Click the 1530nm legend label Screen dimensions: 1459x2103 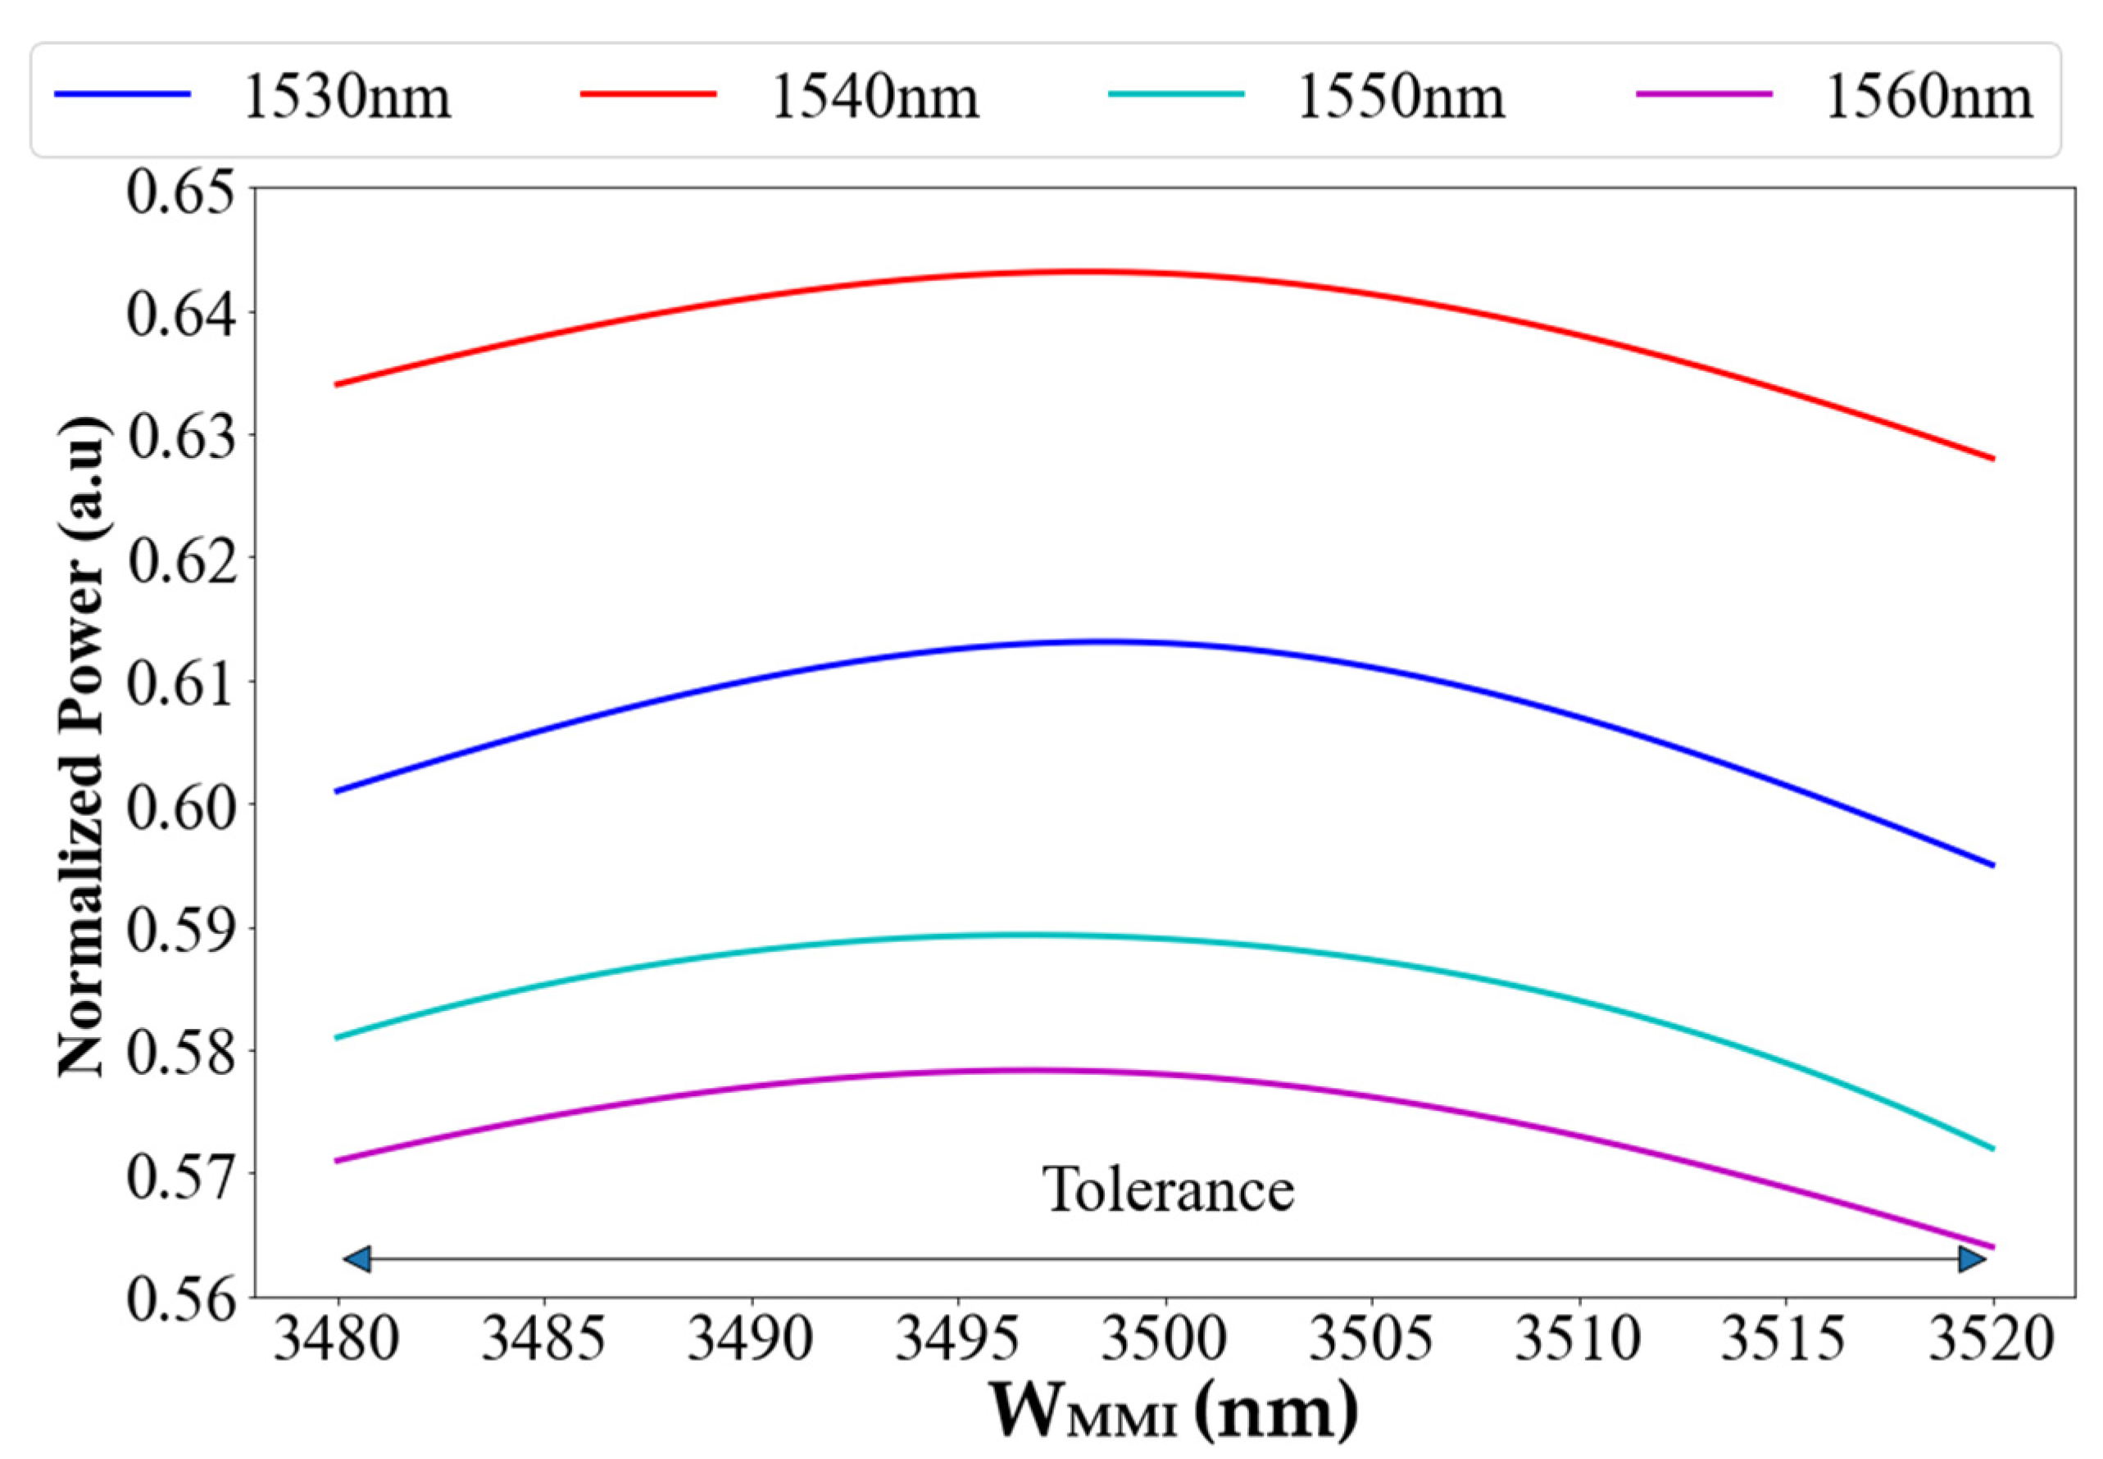[x=347, y=97]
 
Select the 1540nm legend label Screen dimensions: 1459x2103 [x=875, y=97]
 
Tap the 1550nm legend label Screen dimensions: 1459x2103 [x=1401, y=97]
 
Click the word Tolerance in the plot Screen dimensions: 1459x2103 [x=1169, y=1190]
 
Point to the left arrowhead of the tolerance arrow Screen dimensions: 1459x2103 [x=357, y=1260]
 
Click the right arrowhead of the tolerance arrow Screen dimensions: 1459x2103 [x=1971, y=1260]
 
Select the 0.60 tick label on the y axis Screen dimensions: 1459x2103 [x=179, y=806]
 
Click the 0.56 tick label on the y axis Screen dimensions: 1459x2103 [x=179, y=1298]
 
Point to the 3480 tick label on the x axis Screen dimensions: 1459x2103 [x=337, y=1340]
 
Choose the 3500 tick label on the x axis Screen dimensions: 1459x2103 [x=1164, y=1340]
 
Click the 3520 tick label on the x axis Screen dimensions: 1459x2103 [x=1992, y=1340]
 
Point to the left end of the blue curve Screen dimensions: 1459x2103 [x=338, y=791]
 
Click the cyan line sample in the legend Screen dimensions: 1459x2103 [x=1176, y=94]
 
